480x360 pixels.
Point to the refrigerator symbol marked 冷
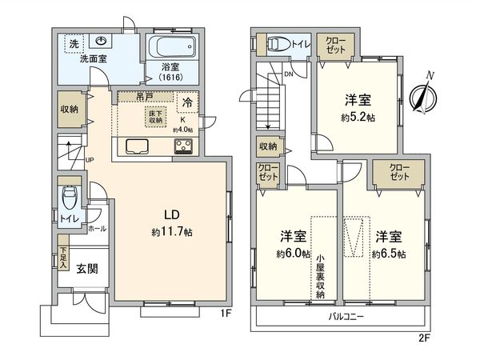coord(186,102)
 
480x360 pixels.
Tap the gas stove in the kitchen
coord(183,146)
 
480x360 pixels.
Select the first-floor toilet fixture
coord(70,196)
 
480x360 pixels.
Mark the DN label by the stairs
coord(287,74)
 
